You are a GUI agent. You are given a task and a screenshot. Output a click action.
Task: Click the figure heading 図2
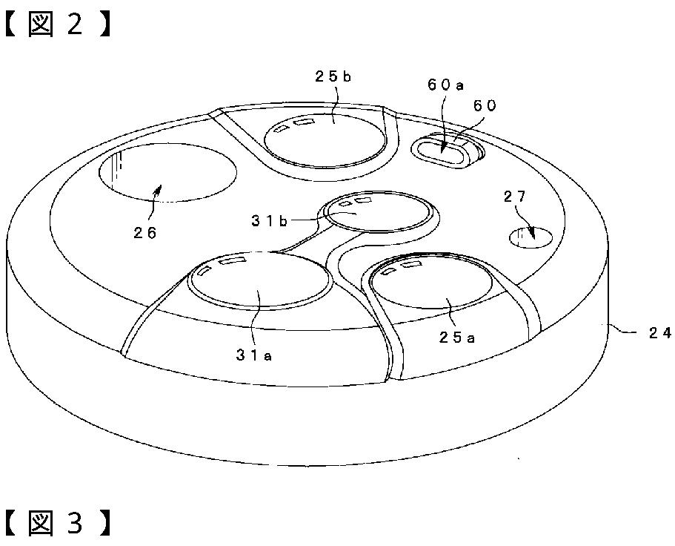59,24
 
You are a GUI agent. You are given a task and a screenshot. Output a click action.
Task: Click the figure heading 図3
59,524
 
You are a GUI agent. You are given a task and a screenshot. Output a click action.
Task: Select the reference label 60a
445,85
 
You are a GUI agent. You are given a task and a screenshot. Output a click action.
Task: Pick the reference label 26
146,232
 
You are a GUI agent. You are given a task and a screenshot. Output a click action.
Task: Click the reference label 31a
255,355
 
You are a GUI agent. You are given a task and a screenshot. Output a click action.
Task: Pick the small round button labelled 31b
378,214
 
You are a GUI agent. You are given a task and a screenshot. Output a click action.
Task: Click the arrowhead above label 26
157,191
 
